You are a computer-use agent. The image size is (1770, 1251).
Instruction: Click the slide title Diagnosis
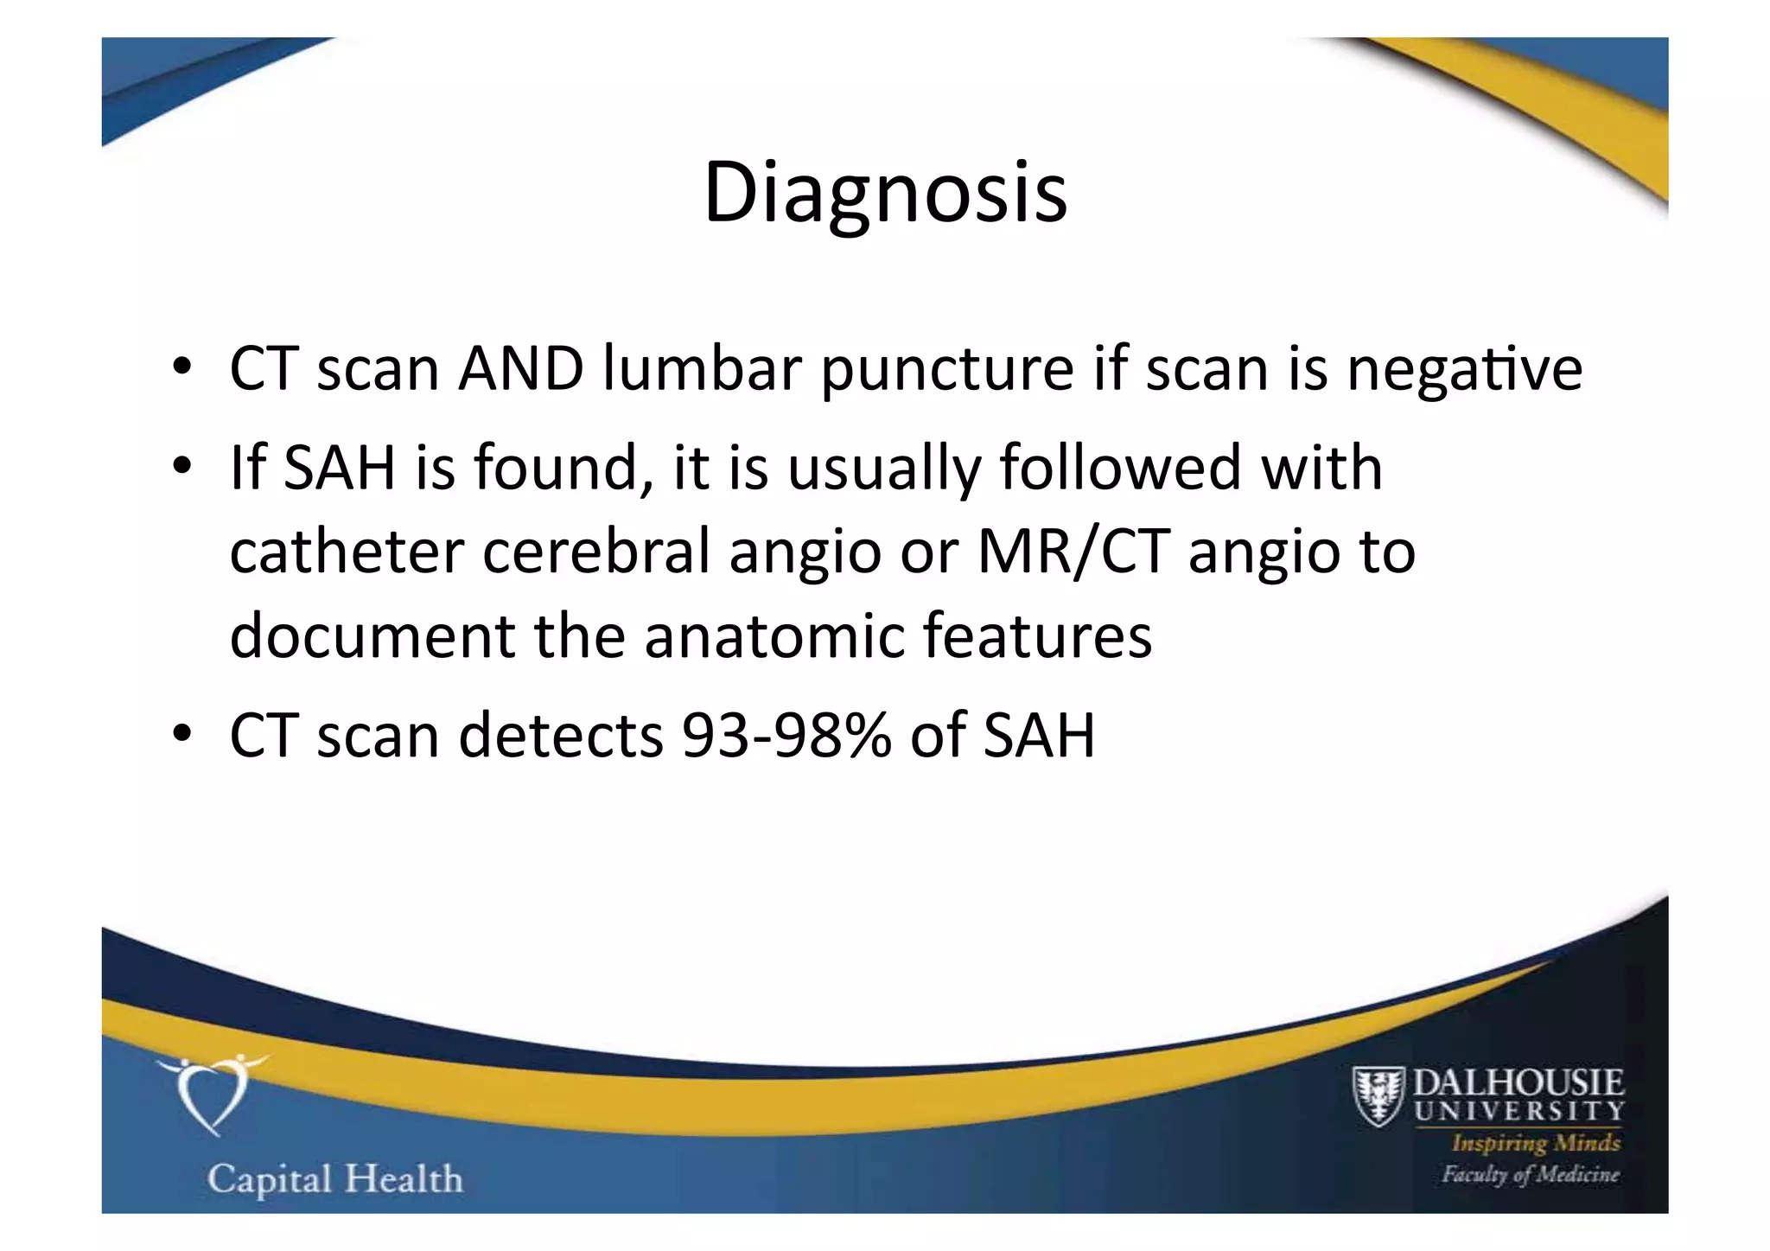click(x=885, y=192)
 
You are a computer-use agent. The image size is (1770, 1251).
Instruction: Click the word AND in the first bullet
click(x=520, y=369)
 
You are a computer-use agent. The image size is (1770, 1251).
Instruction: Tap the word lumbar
click(x=704, y=369)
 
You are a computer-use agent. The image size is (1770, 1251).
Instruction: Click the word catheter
click(x=347, y=551)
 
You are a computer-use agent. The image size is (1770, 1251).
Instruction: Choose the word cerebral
click(x=596, y=551)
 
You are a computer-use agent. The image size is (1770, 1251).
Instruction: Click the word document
click(x=372, y=635)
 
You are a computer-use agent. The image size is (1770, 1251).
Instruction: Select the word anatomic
click(x=774, y=635)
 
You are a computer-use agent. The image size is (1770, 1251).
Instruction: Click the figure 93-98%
click(x=786, y=736)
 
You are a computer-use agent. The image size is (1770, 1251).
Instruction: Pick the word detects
click(x=561, y=736)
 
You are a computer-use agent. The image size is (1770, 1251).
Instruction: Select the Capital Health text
click(x=335, y=1179)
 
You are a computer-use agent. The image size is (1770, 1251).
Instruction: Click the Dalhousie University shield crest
click(x=1378, y=1095)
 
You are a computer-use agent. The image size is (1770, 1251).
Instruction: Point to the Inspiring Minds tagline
click(x=1536, y=1143)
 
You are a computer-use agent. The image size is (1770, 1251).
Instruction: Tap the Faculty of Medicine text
click(x=1530, y=1174)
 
